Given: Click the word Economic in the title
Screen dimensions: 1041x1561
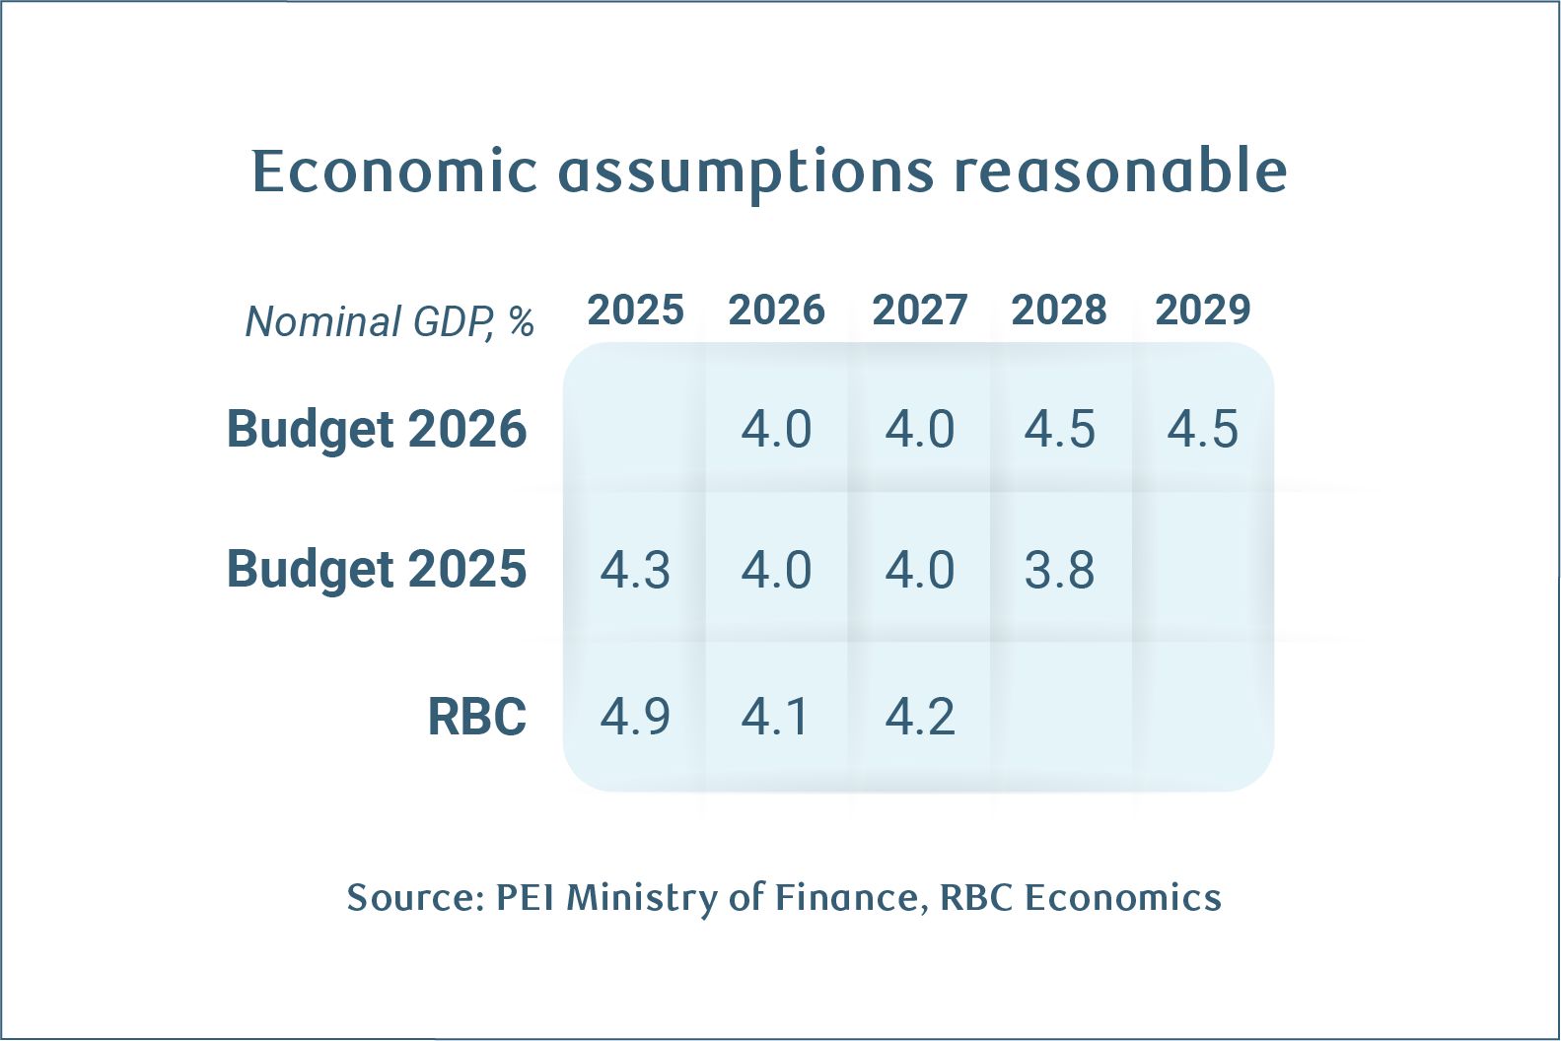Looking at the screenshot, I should pyautogui.click(x=394, y=172).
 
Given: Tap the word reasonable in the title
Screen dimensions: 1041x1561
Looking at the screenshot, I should pyautogui.click(x=1120, y=172).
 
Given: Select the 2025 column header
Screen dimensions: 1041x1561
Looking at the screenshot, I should pyautogui.click(x=635, y=311).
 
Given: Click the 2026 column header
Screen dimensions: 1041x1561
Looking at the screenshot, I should pyautogui.click(x=776, y=311).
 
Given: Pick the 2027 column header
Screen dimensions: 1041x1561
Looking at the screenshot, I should pyautogui.click(x=919, y=311).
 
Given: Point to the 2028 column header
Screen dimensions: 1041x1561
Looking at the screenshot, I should pyautogui.click(x=1059, y=311).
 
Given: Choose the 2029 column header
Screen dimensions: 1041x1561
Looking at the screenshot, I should pyautogui.click(x=1202, y=311).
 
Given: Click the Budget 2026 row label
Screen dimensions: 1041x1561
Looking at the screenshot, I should pyautogui.click(x=377, y=430).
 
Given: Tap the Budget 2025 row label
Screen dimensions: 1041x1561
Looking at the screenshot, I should pyautogui.click(x=377, y=570).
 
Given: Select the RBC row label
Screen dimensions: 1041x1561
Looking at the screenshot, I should pyautogui.click(x=476, y=717).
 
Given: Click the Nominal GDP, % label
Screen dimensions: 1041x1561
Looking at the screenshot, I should pyautogui.click(x=390, y=321).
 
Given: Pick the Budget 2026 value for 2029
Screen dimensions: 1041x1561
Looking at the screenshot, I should pyautogui.click(x=1202, y=430).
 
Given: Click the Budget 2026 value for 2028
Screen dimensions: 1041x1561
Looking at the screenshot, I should pyautogui.click(x=1059, y=430).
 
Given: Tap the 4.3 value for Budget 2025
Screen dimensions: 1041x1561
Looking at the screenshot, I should pyautogui.click(x=635, y=571).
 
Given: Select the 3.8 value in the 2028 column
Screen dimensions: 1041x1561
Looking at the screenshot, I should pyautogui.click(x=1059, y=571).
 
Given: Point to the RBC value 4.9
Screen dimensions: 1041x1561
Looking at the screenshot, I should pyautogui.click(x=635, y=717).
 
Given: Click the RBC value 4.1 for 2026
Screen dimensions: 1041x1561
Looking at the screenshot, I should pyautogui.click(x=776, y=717).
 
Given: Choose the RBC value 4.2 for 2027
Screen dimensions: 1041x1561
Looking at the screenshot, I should pyautogui.click(x=919, y=717).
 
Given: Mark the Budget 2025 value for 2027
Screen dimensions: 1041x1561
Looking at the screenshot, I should pyautogui.click(x=919, y=571).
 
